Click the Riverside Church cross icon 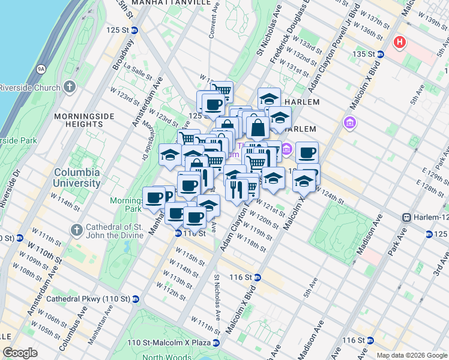coord(70,88)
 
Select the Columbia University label coord(77,178)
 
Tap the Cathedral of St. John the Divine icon coord(76,230)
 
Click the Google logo coord(20,353)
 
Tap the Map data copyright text coord(412,355)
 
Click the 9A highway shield coord(41,69)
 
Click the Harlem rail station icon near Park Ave coord(407,217)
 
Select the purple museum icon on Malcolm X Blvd coord(350,124)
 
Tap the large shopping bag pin coord(258,128)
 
